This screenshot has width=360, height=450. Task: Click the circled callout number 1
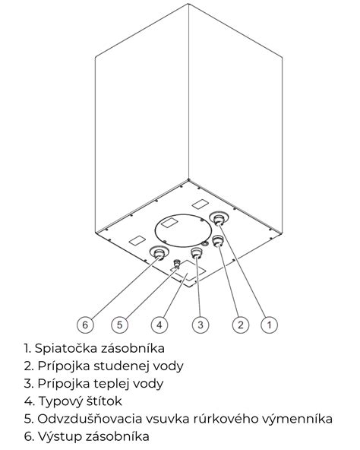click(269, 325)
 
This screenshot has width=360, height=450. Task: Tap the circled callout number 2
click(241, 325)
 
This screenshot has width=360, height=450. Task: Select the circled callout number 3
click(201, 325)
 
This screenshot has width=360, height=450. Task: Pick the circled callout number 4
click(159, 325)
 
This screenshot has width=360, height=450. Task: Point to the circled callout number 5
click(119, 325)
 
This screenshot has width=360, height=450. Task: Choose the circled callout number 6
click(85, 325)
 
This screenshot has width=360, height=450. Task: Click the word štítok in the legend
click(105, 401)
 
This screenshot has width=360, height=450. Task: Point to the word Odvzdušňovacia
click(90, 419)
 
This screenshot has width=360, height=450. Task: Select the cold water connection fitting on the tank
click(217, 241)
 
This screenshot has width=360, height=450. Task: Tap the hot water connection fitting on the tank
click(197, 253)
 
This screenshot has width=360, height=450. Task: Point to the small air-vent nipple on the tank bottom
click(177, 264)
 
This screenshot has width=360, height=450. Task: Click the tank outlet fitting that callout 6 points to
click(159, 253)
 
